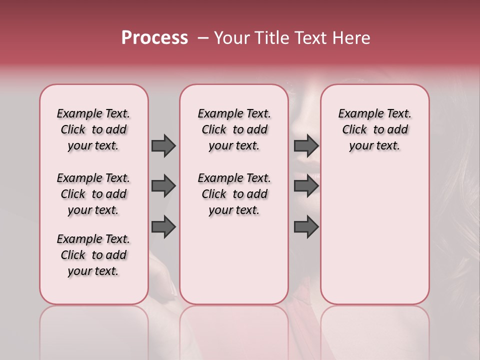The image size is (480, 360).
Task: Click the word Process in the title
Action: (154, 38)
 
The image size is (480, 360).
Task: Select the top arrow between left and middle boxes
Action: (163, 145)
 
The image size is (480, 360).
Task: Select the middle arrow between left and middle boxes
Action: (163, 186)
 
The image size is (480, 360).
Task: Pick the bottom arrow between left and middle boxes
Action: (163, 227)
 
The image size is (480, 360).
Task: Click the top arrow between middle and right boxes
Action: (306, 145)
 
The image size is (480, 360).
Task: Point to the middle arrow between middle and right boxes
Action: (306, 186)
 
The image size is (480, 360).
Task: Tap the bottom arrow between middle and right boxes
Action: (306, 227)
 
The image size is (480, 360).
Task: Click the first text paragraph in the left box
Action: (93, 129)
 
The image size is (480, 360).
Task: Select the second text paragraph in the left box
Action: (93, 194)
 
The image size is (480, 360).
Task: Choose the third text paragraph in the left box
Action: (93, 255)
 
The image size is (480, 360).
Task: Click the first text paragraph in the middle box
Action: (234, 129)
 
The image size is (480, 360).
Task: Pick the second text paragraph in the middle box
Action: (234, 194)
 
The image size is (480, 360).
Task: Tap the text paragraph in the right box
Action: (375, 129)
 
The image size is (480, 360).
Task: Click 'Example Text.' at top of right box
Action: (375, 113)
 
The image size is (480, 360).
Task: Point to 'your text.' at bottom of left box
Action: (93, 271)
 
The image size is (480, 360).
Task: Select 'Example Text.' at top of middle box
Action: (234, 113)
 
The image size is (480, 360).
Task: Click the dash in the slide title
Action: (203, 38)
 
